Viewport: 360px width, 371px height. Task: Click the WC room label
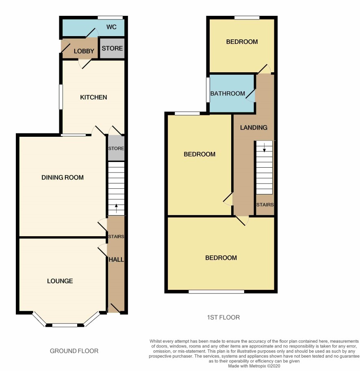pos(111,27)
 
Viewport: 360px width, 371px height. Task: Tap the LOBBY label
pos(84,51)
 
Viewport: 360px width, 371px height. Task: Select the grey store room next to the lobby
pos(112,48)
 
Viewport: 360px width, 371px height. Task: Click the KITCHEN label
pos(93,97)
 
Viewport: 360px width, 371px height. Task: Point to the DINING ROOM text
pos(63,177)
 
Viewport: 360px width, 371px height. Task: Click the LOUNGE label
pos(60,281)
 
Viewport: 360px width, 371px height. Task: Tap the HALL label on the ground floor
pos(116,260)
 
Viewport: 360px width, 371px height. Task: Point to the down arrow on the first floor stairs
pos(265,147)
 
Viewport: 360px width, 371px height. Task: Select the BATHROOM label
pos(228,93)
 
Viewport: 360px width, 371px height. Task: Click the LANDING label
pos(254,128)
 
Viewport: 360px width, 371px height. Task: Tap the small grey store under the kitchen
pos(116,148)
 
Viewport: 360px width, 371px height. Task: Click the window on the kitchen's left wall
pos(61,97)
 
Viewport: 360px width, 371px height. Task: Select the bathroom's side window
pos(208,90)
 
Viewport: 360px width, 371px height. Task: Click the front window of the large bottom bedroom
pos(216,291)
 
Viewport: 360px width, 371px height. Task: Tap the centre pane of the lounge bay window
pos(65,325)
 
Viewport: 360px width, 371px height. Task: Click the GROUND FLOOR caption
pos(74,351)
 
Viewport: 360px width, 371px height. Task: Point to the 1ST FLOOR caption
pos(223,317)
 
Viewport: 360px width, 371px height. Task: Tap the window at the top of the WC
pos(111,17)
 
